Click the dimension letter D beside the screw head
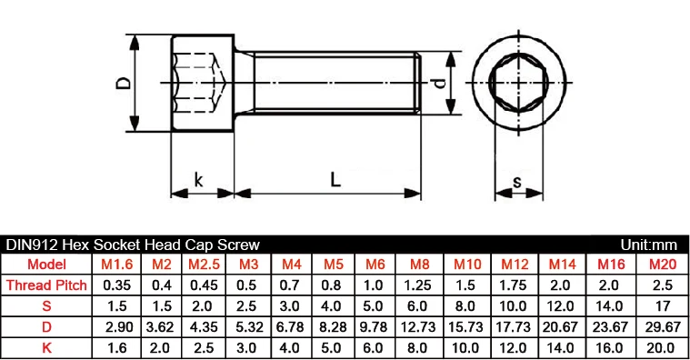(124, 83)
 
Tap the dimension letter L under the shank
(335, 180)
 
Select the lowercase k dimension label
(199, 180)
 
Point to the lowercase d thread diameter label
(440, 83)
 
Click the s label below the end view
(517, 181)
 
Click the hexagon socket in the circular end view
(518, 83)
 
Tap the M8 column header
(419, 264)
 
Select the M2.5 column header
(204, 264)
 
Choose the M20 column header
(663, 264)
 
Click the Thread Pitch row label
(46, 285)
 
